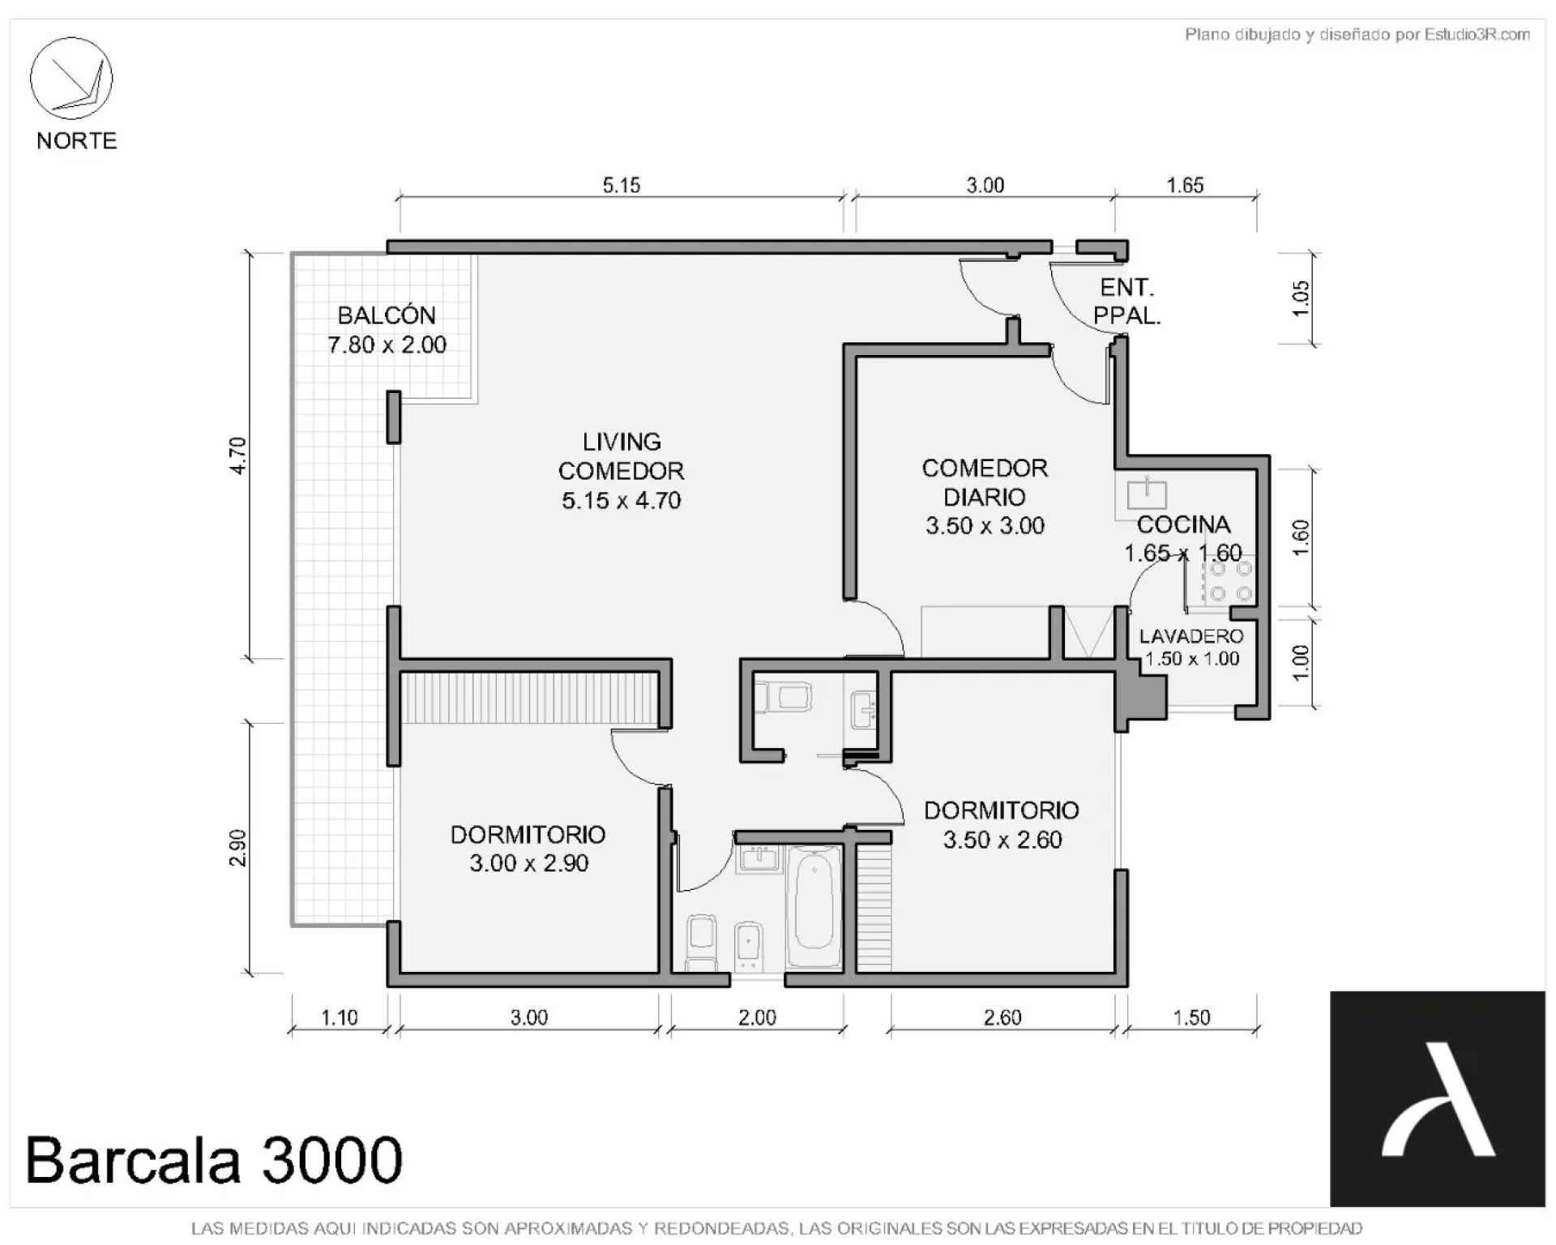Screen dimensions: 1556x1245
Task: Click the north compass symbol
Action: pos(71,79)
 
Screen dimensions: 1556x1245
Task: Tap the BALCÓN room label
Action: pos(387,314)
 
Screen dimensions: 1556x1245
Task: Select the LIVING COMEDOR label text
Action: pos(621,456)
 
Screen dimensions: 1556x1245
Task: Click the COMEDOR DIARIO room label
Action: pos(985,482)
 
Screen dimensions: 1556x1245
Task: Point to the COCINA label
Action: pos(1183,524)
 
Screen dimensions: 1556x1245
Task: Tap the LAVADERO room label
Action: pos(1191,636)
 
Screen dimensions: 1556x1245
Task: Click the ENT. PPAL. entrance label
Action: pos(1127,302)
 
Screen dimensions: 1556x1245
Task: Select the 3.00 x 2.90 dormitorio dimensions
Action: pos(528,863)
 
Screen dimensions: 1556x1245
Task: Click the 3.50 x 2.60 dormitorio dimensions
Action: pos(1002,840)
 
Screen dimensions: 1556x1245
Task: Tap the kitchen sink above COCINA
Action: pos(1148,494)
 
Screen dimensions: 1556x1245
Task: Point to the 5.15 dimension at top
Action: pos(622,186)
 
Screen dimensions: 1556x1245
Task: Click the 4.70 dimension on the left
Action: pos(237,456)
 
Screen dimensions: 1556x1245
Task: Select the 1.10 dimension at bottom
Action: pos(339,1017)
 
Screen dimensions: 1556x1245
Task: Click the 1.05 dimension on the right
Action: pos(1300,299)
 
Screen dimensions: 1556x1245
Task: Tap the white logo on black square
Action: pos(1438,1099)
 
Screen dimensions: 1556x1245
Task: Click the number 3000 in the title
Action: pos(331,1160)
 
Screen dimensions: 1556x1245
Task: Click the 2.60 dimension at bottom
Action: pos(1002,1017)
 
